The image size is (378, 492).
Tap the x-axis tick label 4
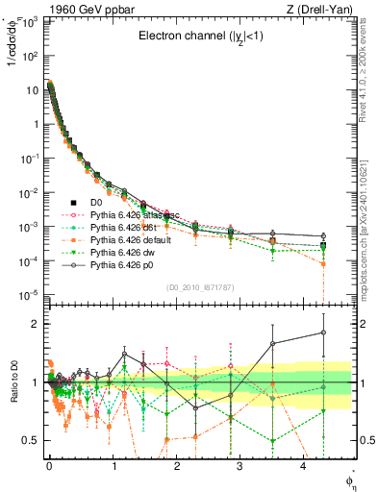[303, 471]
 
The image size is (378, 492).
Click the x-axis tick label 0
[49, 471]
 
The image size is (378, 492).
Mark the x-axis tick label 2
[176, 471]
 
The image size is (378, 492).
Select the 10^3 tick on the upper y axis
[31, 21]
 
